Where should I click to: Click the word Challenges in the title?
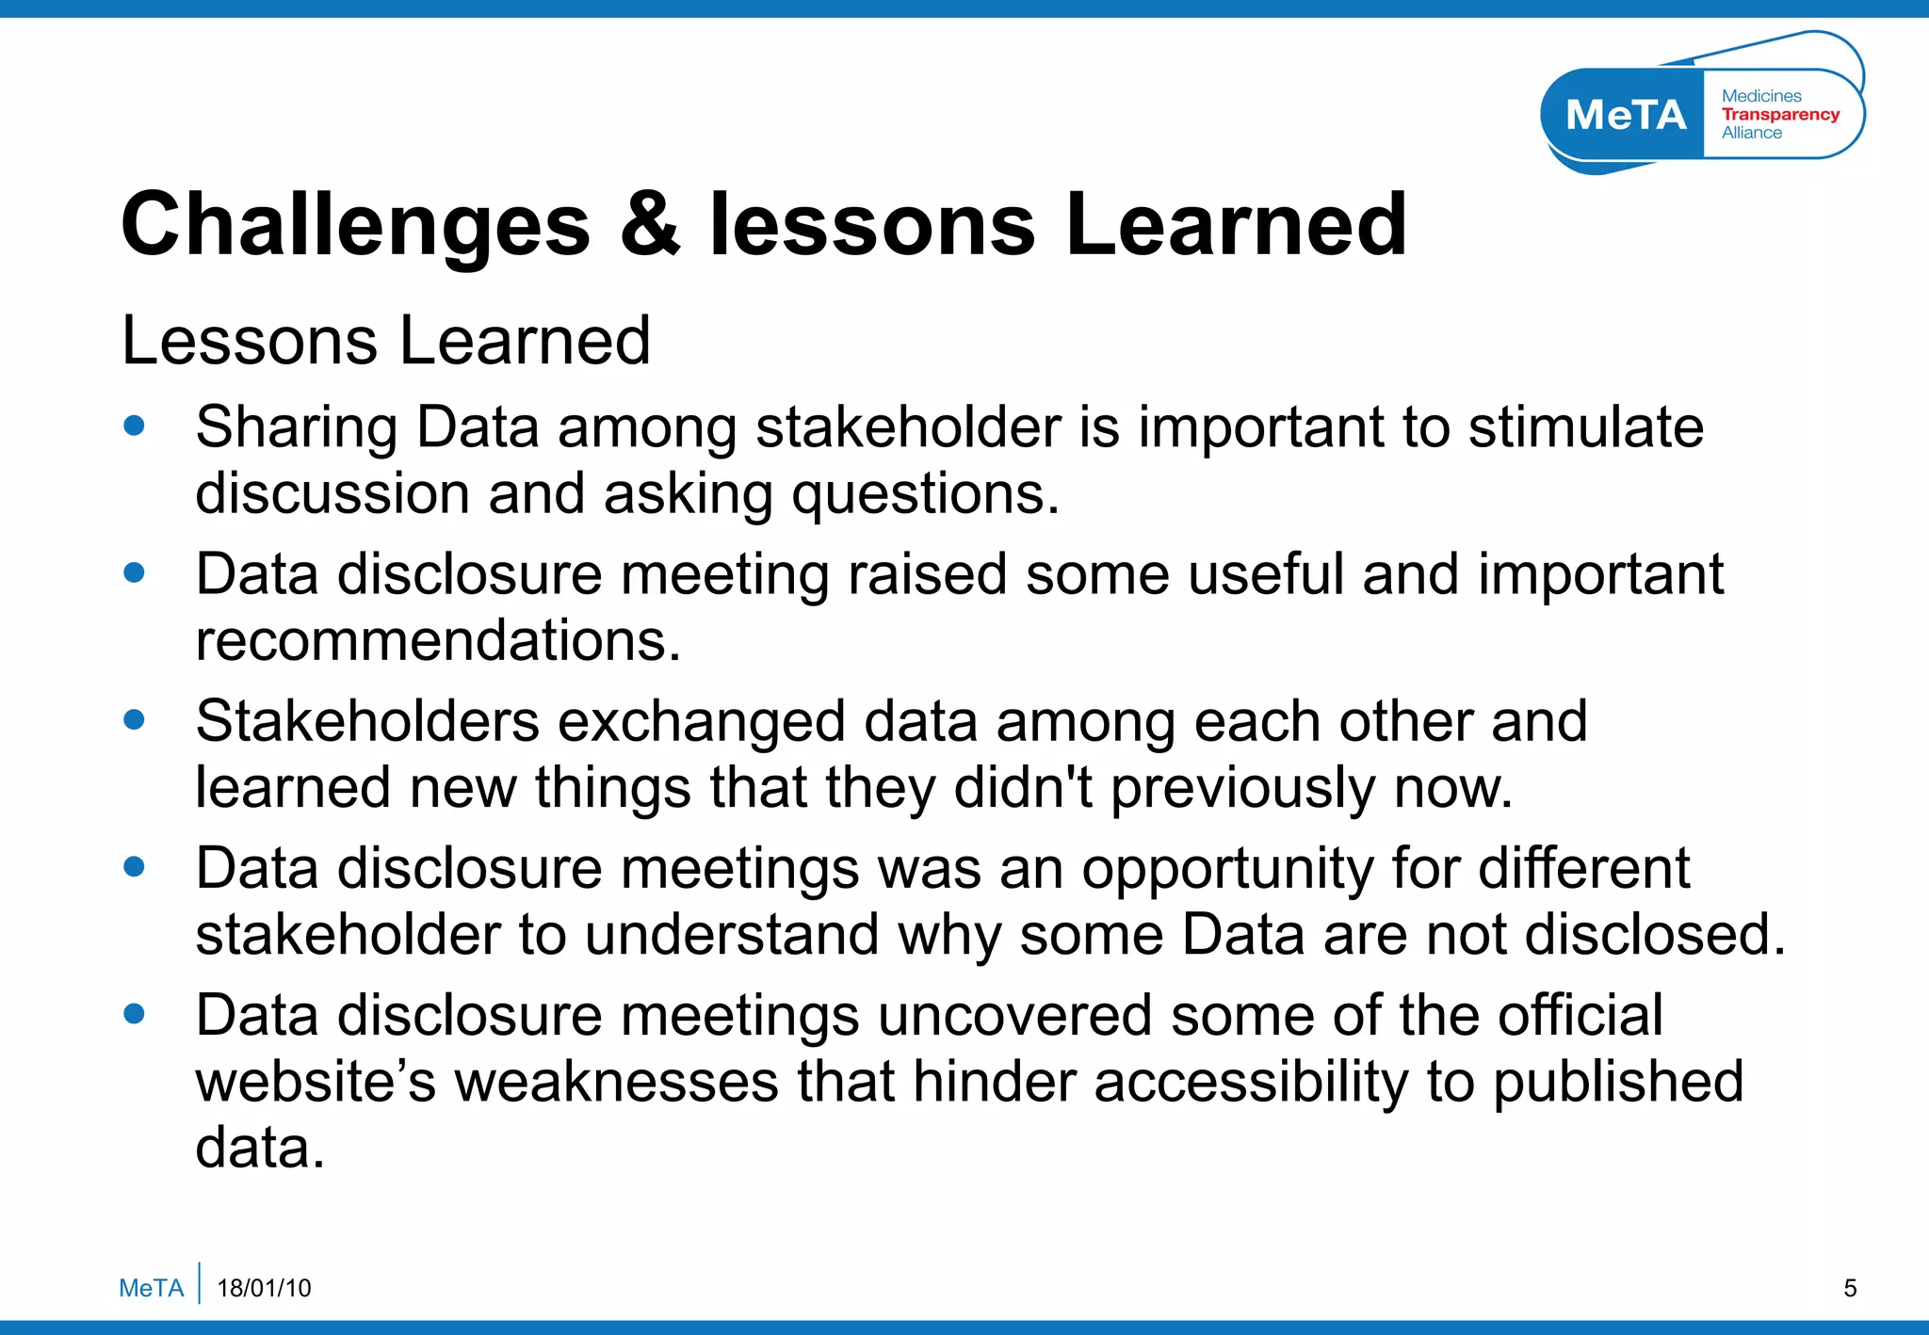[x=356, y=226]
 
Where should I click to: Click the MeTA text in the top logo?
[x=1626, y=115]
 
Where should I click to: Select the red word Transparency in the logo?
[x=1780, y=114]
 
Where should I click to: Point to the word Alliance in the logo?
[x=1752, y=133]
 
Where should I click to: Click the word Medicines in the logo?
[x=1761, y=96]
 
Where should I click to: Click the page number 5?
[x=1850, y=1288]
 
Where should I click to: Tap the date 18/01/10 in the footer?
[x=264, y=1288]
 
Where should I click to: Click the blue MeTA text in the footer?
[x=151, y=1288]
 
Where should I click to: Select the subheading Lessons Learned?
[x=386, y=341]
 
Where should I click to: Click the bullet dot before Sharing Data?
[x=135, y=426]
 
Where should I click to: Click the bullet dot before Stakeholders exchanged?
[x=135, y=720]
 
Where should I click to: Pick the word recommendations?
[x=437, y=641]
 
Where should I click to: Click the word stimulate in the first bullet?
[x=1586, y=427]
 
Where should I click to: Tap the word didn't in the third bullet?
[x=1023, y=788]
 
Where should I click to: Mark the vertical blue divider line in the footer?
[x=200, y=1282]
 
